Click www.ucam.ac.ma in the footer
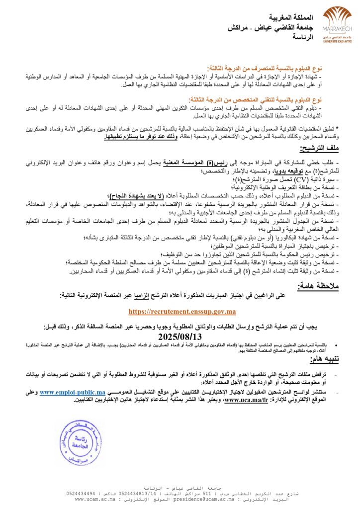click(x=95, y=499)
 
